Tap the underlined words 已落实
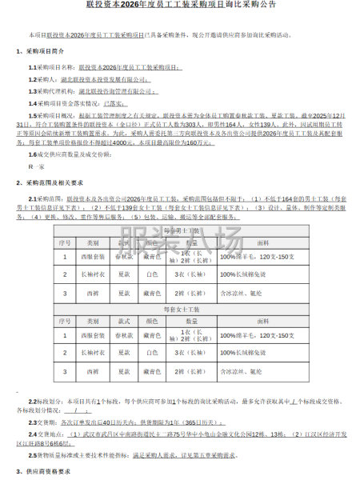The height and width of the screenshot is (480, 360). pos(118,102)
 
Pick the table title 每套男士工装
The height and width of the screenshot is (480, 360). pos(179,230)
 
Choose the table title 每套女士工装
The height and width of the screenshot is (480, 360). pos(179,307)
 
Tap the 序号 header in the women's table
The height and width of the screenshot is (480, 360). pos(66,319)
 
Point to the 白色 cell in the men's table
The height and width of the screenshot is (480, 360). pos(152,275)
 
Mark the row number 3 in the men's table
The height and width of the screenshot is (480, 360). pos(66,293)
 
